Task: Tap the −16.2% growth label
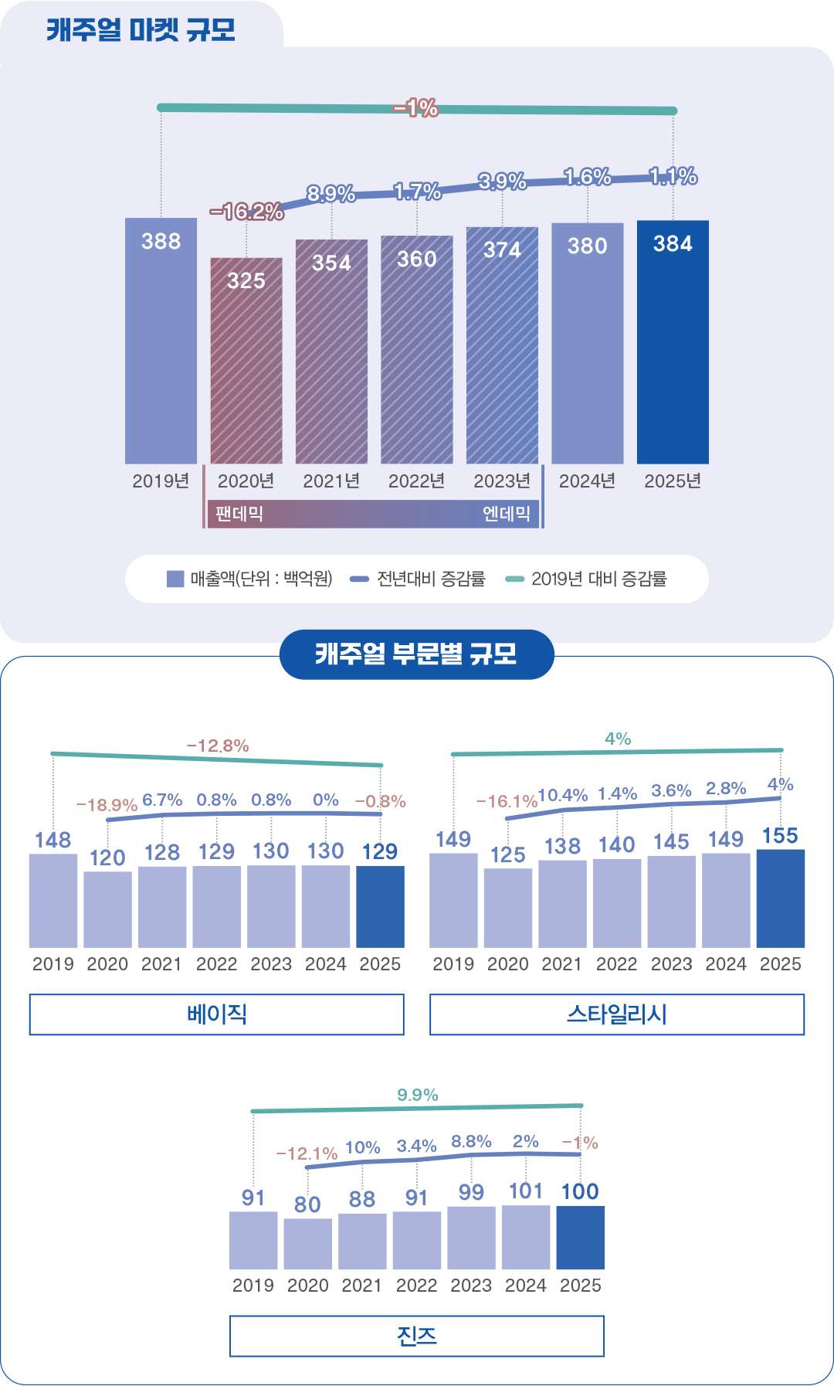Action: [x=246, y=211]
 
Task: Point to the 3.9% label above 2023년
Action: [x=502, y=182]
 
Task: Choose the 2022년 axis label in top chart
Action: [x=416, y=481]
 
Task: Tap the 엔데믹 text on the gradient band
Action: [x=506, y=514]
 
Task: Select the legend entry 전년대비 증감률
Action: [x=418, y=579]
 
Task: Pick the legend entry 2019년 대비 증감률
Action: [x=587, y=579]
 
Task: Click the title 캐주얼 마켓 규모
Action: [x=141, y=30]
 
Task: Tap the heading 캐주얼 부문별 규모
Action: [x=416, y=654]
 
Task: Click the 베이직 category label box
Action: [x=216, y=1014]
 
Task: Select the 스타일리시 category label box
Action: [x=616, y=1014]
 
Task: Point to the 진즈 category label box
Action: [x=416, y=1336]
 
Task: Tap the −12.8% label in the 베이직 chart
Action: [x=218, y=746]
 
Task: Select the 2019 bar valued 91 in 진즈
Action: [x=253, y=1240]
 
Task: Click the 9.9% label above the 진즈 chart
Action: [x=417, y=1095]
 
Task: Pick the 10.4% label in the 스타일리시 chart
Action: [x=562, y=795]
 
